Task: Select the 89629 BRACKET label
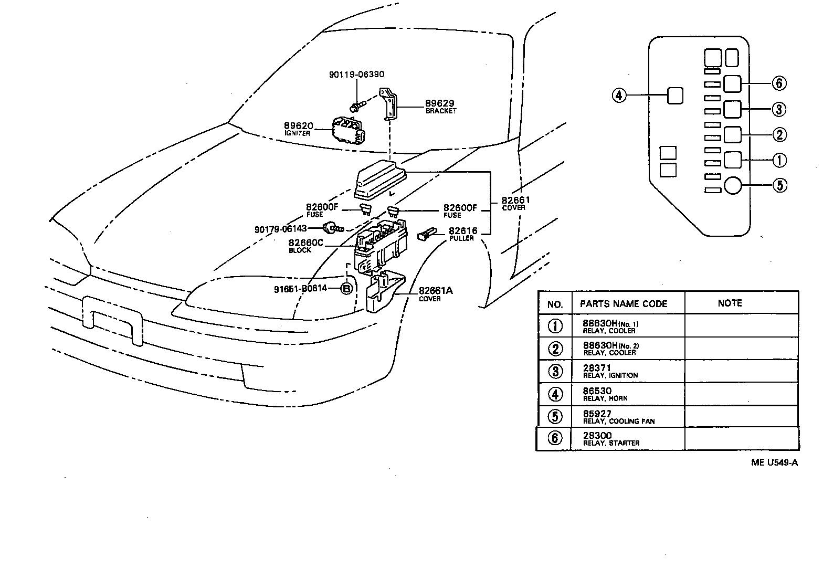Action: [440, 107]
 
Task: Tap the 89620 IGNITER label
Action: [298, 129]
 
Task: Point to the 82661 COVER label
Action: [515, 203]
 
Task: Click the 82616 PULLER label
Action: [462, 234]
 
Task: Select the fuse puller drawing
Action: [426, 234]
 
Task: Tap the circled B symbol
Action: [346, 289]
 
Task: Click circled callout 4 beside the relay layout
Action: [619, 96]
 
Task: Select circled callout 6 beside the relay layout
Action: [779, 83]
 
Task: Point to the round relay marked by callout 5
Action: [732, 185]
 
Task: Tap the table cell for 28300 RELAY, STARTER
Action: [611, 439]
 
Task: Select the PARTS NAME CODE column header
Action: [623, 304]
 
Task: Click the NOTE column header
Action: [730, 303]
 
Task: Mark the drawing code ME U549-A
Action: [774, 462]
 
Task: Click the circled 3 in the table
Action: [555, 371]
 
